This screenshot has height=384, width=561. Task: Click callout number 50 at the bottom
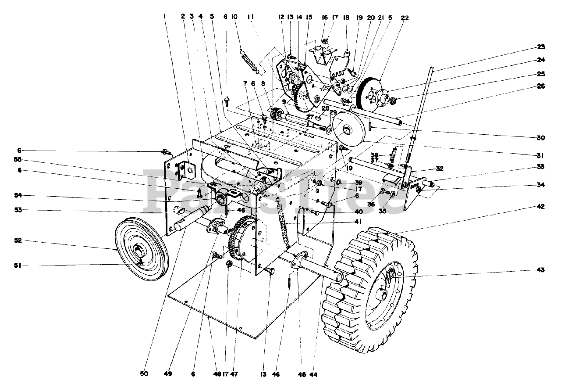[144, 374]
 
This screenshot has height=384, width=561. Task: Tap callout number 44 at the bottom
[313, 374]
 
